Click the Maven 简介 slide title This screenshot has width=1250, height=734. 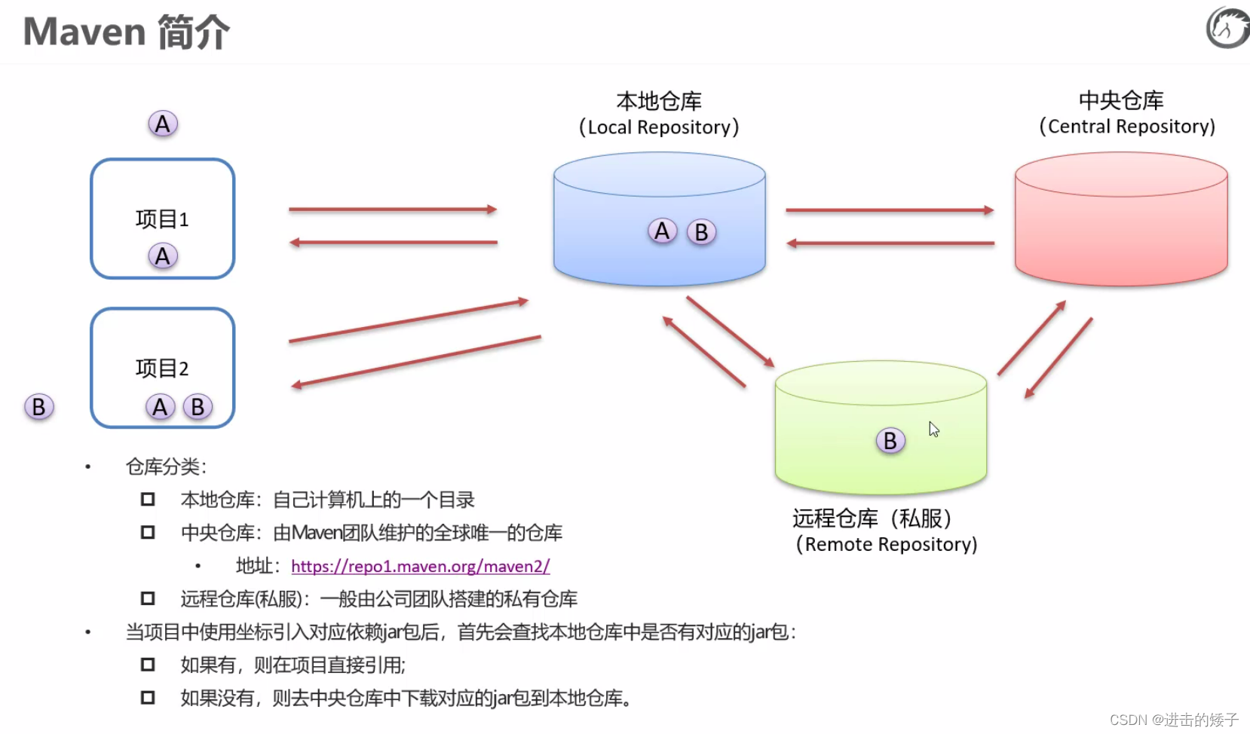pos(126,32)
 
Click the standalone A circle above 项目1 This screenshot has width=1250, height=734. pos(163,124)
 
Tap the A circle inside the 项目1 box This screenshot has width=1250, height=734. pos(163,256)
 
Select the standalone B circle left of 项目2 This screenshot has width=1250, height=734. pos(38,407)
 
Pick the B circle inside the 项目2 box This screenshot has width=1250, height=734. pos(198,407)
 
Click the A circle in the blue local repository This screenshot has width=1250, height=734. pos(662,231)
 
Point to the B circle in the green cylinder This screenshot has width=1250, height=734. pos(890,440)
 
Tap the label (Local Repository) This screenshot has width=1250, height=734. pos(659,127)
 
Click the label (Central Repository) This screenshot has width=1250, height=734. pos(1127,127)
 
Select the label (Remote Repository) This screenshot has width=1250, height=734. pos(887,544)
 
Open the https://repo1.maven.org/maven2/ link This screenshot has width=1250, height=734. pos(420,566)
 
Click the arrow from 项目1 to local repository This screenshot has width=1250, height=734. pos(392,209)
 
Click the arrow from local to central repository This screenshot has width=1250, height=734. pos(890,210)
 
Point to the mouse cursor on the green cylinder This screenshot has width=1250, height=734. pos(933,429)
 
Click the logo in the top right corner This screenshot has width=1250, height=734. pos(1227,28)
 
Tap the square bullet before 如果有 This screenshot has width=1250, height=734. pos(148,665)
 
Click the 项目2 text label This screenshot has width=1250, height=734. pos(162,369)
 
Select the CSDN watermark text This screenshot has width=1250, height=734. pos(1174,720)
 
